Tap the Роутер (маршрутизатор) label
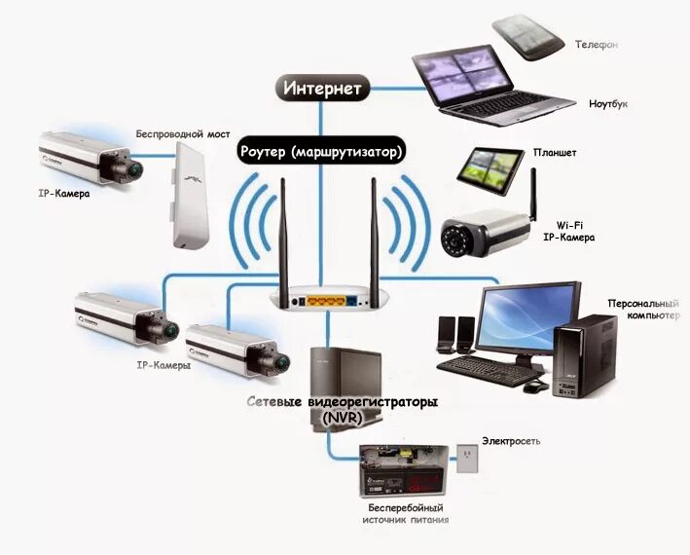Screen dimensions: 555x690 (x=320, y=152)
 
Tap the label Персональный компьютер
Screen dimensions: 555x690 (x=640, y=310)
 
